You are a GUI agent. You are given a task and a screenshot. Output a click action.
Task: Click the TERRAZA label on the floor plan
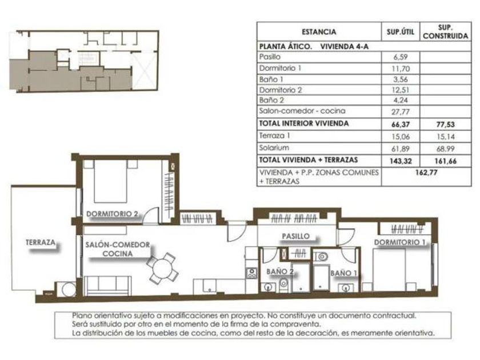pos(41,242)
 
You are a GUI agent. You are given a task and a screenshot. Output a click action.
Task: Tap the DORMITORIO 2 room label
pos(113,214)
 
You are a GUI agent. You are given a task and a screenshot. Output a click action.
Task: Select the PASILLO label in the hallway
pos(296,236)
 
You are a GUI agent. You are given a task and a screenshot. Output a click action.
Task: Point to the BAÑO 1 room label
pos(343,273)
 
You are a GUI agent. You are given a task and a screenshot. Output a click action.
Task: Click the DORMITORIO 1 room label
pos(400,242)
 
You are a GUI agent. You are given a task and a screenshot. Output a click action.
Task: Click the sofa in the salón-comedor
pos(107,286)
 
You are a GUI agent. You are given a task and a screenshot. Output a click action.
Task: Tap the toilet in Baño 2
pos(284,285)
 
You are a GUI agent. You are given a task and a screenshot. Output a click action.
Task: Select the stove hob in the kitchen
pos(252,273)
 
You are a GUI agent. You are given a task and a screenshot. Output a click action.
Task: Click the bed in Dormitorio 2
pos(110,181)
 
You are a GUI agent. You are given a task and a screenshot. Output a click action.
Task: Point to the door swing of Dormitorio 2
pos(151,215)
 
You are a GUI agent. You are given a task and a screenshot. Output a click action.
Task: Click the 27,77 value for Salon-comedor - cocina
pos(400,112)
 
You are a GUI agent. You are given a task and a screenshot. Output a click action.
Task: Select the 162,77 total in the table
pos(426,173)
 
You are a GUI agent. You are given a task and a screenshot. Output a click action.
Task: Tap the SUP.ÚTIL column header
pos(400,32)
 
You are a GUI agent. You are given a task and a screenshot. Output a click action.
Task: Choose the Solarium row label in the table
pos(274,147)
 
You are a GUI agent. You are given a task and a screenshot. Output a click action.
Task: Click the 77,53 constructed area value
pos(445,125)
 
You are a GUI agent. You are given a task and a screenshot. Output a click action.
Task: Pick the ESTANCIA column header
pos(319,32)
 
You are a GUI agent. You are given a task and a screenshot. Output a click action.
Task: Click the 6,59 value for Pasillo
pos(400,57)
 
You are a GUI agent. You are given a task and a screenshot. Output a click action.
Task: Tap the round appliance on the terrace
pos(69,289)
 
